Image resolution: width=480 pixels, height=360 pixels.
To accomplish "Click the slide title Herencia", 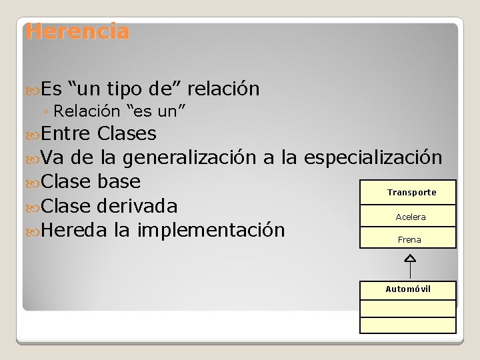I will [x=77, y=31].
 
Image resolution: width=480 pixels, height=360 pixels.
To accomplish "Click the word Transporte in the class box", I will [x=411, y=193].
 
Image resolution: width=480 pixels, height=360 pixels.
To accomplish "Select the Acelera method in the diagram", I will [x=410, y=217].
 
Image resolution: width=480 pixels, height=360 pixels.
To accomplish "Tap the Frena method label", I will [x=409, y=239].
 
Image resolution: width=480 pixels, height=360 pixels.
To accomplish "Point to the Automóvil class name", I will [x=408, y=289].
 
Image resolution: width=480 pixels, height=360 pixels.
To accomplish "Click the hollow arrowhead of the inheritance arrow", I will [x=410, y=258].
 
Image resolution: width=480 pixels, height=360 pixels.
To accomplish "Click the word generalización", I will [x=190, y=158].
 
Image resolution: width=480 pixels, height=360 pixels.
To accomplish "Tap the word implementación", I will [x=211, y=230].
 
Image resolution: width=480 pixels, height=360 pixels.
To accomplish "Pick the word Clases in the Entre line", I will [x=127, y=134].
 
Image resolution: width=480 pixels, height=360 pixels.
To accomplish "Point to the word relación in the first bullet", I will [x=223, y=89].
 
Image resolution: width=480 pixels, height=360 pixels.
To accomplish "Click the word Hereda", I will [x=74, y=230].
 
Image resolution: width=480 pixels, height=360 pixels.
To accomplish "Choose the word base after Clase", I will [x=119, y=181].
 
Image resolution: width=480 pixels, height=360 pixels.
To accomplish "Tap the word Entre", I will [x=65, y=134].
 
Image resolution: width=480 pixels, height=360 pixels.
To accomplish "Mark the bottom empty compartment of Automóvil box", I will [x=408, y=325].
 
